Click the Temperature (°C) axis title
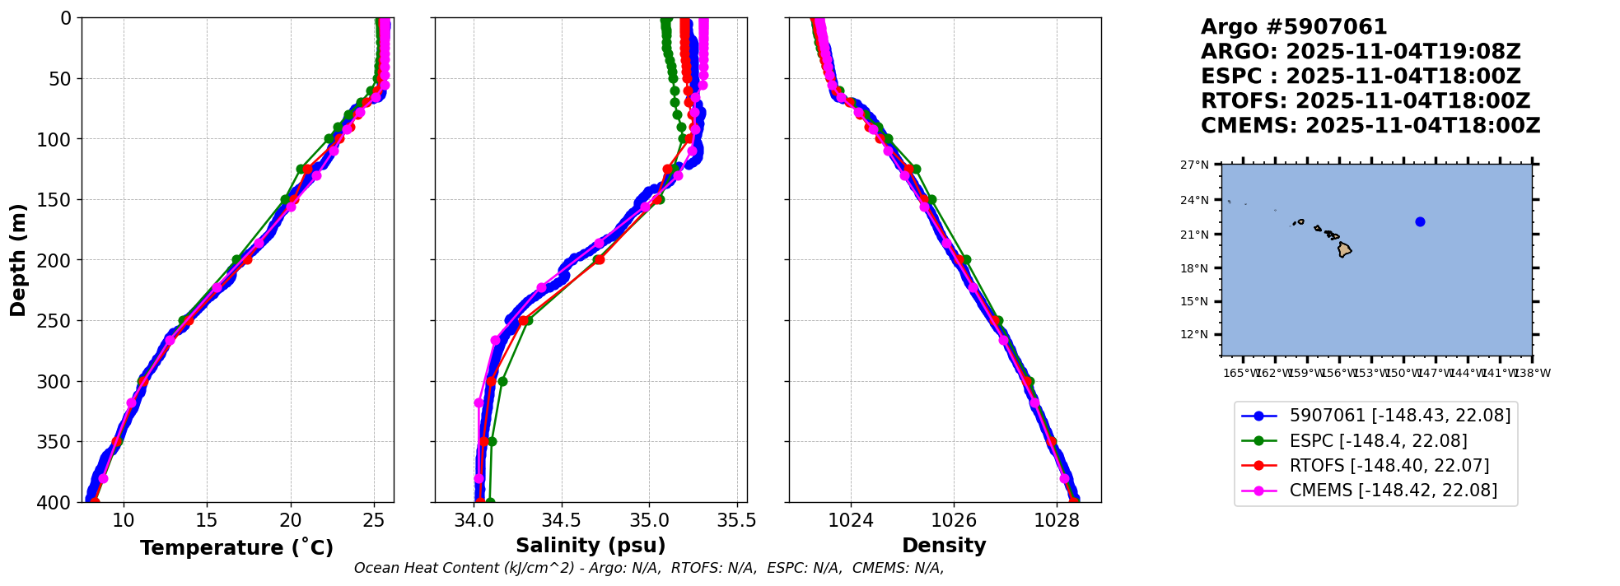coord(236,547)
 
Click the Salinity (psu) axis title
coord(591,546)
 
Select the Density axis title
coord(944,546)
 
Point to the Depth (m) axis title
coord(18,260)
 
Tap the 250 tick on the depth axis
coord(60,321)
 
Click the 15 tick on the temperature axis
coord(207,520)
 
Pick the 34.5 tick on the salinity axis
coord(562,520)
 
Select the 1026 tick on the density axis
coord(954,520)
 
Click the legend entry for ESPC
coord(1378,441)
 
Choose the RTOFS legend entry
coord(1389,466)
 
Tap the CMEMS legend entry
coord(1393,491)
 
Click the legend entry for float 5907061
coord(1399,416)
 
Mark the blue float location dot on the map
coord(1420,221)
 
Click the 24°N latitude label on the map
coord(1194,200)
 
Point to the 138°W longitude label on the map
coord(1532,373)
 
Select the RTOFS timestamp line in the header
coord(1365,101)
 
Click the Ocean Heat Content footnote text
coord(648,568)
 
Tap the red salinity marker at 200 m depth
coord(599,260)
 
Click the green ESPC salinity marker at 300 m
coord(502,381)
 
